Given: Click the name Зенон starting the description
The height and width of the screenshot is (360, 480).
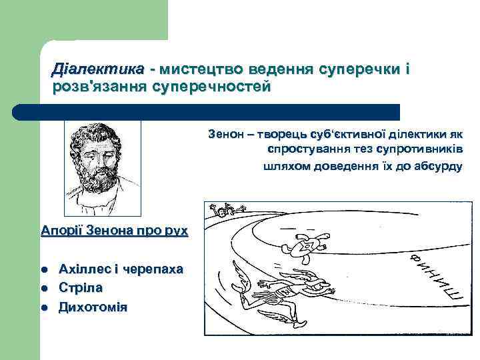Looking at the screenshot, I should [x=225, y=134].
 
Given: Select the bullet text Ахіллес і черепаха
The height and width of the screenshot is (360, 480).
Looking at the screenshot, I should [x=121, y=269].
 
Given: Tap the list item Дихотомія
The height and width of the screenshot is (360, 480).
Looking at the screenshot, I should [x=93, y=307].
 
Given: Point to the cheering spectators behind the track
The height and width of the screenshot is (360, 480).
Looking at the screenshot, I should [x=227, y=211].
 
